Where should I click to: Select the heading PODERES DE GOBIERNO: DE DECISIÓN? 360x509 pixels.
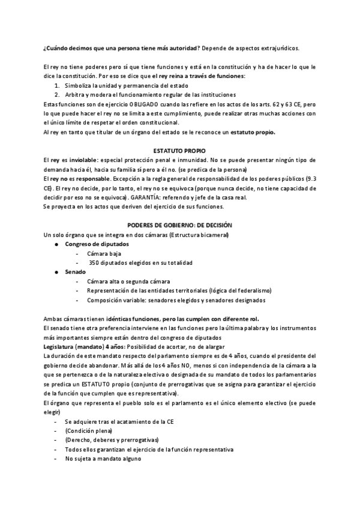coord(180,224)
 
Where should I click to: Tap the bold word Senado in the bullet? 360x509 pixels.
coord(76,272)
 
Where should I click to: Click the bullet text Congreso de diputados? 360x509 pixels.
coord(97,244)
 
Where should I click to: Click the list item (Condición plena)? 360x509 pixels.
coord(88,431)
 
